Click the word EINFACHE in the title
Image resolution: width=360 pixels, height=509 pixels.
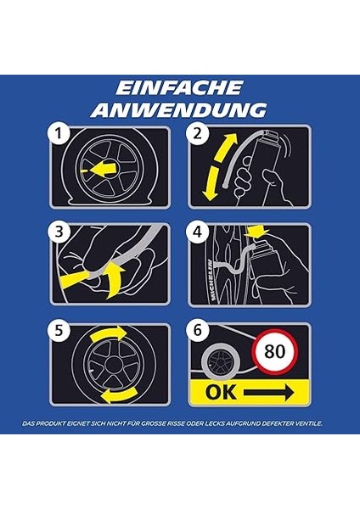(179, 87)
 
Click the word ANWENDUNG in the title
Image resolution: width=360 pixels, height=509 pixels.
(178, 109)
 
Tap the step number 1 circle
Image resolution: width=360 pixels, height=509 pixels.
(59, 133)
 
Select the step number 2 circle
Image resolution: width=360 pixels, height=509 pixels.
(197, 133)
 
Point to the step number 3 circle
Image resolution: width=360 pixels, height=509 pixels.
(59, 232)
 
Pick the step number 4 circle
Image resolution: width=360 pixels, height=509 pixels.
(197, 232)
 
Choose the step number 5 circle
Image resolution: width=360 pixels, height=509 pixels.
(59, 331)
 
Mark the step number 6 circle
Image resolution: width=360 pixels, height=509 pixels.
(197, 331)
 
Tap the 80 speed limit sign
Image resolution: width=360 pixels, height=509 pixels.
(275, 351)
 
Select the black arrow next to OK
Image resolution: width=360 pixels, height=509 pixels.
(269, 393)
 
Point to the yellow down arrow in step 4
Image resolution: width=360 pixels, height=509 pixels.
(258, 232)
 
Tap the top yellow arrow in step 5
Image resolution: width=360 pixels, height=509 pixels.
(109, 333)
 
